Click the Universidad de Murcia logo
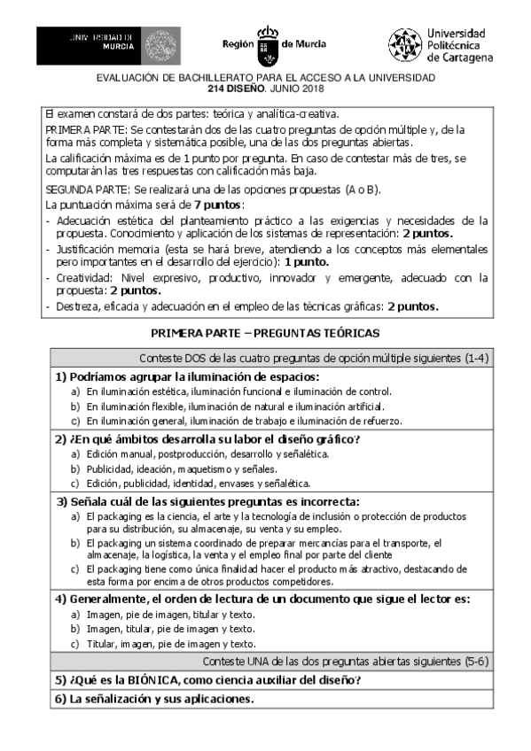click(x=107, y=44)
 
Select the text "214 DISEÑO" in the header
click(x=235, y=89)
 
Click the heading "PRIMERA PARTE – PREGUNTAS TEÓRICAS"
click(x=266, y=333)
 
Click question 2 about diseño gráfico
click(x=208, y=439)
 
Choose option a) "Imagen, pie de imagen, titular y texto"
click(x=169, y=614)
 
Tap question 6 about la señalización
click(x=154, y=699)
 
